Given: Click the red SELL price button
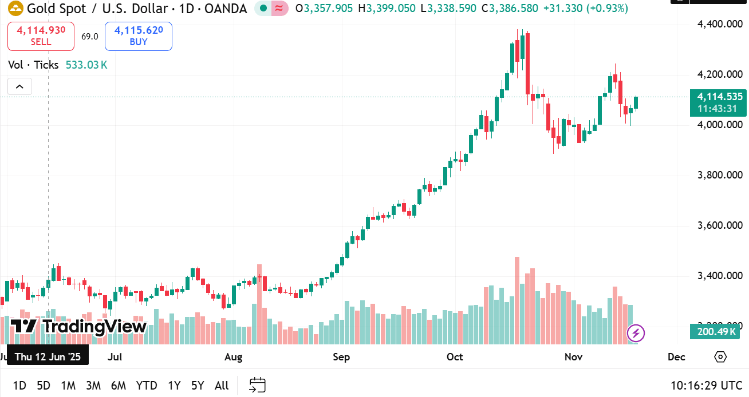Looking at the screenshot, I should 41,36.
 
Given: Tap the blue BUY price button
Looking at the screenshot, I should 139,36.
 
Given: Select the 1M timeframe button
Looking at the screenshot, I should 68,386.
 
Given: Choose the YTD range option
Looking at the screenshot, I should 147,386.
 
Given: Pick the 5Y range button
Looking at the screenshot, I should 198,386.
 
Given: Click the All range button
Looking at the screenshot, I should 222,386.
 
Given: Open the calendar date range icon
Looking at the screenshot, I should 258,386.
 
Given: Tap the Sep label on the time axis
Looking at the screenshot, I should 341,357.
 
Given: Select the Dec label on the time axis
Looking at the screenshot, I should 676,357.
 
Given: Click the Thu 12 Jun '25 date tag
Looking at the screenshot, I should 48,357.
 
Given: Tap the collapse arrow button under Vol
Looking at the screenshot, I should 19,87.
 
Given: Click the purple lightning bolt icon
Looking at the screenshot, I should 636,333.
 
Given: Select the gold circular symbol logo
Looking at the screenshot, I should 15,9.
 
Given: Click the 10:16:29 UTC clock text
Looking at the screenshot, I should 707,386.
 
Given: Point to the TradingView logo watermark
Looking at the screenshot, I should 79,327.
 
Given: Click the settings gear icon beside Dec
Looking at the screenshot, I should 720,357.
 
